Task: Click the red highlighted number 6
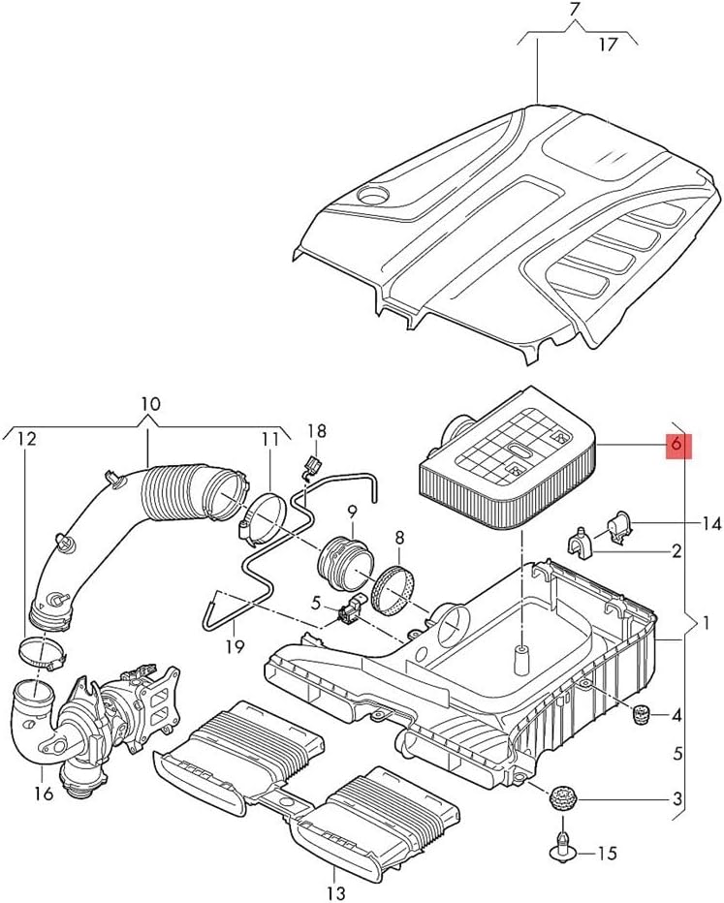(x=677, y=445)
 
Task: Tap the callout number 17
(x=608, y=44)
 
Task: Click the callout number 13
(x=335, y=892)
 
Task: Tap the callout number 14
(x=711, y=524)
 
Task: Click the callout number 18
(x=318, y=430)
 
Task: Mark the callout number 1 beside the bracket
(x=707, y=621)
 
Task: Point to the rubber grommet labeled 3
(x=561, y=800)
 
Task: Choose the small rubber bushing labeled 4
(x=639, y=716)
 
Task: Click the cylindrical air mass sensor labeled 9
(x=340, y=560)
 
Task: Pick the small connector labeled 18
(x=310, y=466)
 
